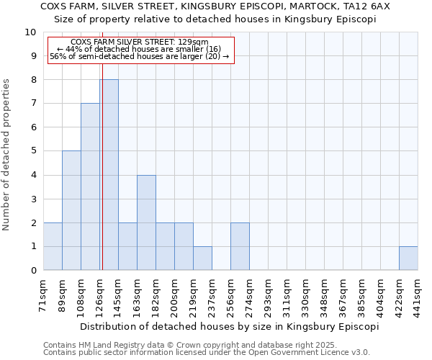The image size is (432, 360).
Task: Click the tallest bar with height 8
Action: (x=109, y=175)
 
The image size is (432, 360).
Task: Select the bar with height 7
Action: (x=90, y=187)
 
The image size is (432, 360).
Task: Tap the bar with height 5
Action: (x=71, y=210)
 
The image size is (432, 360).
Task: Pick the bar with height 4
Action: (x=146, y=222)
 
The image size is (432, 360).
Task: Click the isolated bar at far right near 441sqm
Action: (x=408, y=258)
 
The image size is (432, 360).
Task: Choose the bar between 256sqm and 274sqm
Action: (x=240, y=247)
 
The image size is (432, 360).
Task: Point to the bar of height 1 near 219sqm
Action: (x=202, y=258)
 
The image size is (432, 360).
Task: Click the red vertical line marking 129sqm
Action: (x=102, y=144)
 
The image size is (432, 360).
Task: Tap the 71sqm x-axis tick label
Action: (x=44, y=295)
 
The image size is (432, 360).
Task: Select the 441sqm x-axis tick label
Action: (x=418, y=295)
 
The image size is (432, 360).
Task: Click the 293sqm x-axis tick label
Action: (x=269, y=295)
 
